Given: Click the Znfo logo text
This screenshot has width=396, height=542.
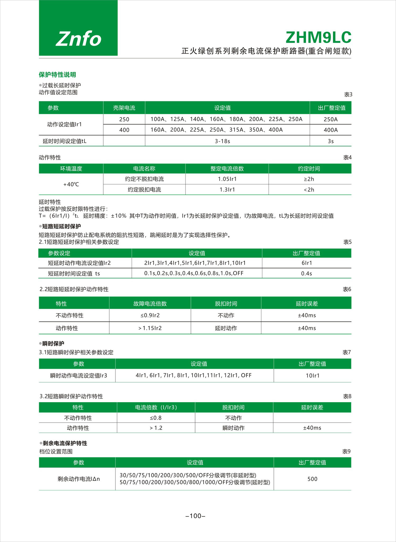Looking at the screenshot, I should tap(78, 39).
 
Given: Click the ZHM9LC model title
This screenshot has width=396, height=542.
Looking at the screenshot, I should tap(318, 38).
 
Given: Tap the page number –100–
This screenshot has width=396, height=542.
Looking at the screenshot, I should tap(195, 516).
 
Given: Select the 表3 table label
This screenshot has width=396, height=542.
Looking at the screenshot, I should tap(348, 95).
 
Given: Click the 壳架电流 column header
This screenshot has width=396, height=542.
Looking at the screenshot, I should tap(124, 108).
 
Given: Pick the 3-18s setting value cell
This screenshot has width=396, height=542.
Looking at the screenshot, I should tap(222, 141).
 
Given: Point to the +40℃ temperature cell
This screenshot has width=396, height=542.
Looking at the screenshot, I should tap(71, 184).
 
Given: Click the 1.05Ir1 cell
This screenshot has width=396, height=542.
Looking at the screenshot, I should tap(227, 179).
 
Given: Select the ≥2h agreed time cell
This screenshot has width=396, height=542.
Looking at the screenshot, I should tap(309, 179).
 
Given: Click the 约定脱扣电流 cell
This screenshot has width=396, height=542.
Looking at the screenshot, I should tap(144, 190).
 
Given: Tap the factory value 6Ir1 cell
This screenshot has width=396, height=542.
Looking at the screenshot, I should tap(307, 263).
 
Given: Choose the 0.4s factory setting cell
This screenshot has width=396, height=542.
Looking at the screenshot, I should tap(307, 273).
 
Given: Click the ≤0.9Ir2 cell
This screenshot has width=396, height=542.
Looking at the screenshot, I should tap(150, 315).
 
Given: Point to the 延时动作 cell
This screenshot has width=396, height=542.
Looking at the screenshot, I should tap(226, 328).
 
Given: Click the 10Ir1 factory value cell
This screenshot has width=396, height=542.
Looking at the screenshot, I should tap(313, 375).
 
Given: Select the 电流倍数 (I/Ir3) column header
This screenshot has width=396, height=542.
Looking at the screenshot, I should tap(156, 407).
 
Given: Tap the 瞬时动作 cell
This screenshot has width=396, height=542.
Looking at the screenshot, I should tap(234, 428).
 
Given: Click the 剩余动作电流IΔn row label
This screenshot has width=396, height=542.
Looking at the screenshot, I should tap(78, 479).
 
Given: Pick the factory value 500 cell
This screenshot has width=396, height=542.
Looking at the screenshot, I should tap(312, 479).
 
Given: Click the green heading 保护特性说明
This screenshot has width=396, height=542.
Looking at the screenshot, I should tap(57, 75).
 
